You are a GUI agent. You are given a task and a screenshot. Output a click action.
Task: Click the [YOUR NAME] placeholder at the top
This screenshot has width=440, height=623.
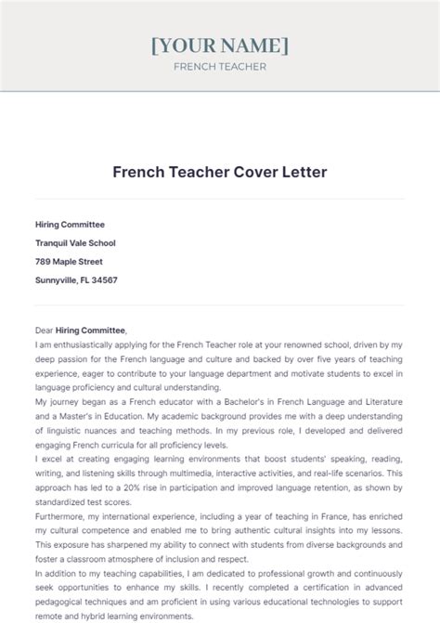pyautogui.click(x=220, y=45)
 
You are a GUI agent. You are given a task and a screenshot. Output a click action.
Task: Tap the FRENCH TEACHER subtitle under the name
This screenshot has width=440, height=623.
pyautogui.click(x=220, y=67)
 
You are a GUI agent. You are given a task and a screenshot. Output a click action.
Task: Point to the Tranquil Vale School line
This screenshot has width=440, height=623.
pyautogui.click(x=75, y=242)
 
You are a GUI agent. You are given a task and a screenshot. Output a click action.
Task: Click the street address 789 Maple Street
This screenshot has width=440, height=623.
pyautogui.click(x=69, y=261)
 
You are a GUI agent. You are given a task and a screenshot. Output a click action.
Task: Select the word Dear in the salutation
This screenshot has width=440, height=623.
pyautogui.click(x=45, y=330)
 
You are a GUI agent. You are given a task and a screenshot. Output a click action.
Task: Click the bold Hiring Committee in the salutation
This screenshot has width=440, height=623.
pyautogui.click(x=91, y=330)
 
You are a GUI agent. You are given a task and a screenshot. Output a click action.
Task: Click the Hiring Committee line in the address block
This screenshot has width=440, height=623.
pyautogui.click(x=70, y=224)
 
